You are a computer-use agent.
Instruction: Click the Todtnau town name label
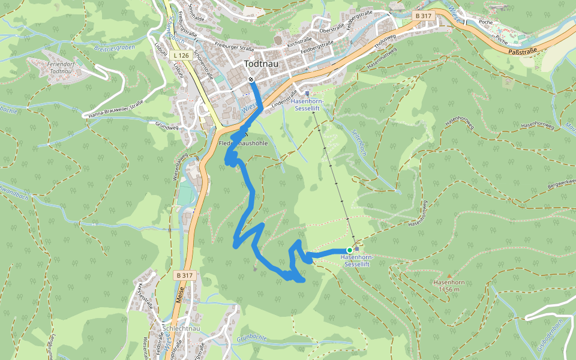(x=260, y=64)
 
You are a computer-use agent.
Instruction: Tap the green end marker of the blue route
(x=349, y=250)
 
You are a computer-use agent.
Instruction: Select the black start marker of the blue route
(x=251, y=80)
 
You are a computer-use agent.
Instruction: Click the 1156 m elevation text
(x=449, y=289)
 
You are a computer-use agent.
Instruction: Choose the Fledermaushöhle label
(x=243, y=144)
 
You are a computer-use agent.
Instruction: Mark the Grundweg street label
(x=167, y=127)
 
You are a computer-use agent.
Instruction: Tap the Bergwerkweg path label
(x=562, y=184)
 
